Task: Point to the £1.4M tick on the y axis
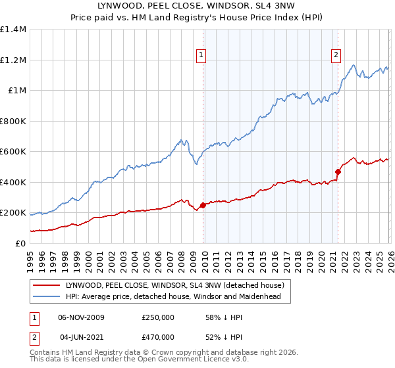[x=13, y=30]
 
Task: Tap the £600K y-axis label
[x=13, y=152]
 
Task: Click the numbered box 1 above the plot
[x=200, y=56]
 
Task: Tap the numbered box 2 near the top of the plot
[x=336, y=56]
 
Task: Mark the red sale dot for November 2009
[x=203, y=205]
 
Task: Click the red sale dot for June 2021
[x=338, y=172]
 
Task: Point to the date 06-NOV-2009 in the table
[x=81, y=317]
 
